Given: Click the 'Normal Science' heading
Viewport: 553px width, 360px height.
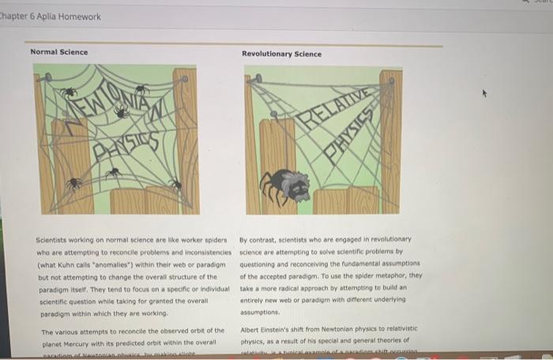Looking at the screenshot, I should point(59,52).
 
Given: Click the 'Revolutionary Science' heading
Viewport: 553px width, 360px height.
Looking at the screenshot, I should point(282,54).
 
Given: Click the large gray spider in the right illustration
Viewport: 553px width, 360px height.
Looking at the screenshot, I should point(285,186).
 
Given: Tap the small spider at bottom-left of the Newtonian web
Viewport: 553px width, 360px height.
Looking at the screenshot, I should point(73,182).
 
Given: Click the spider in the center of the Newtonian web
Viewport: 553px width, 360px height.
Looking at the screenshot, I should point(121,113).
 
